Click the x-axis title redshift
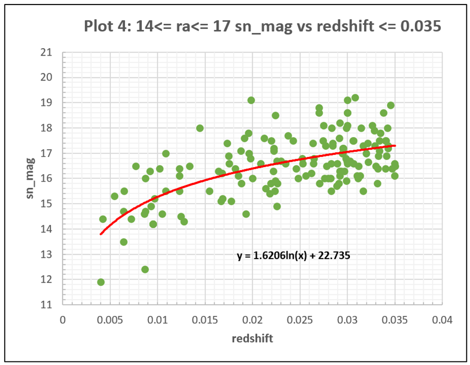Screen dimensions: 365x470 252,339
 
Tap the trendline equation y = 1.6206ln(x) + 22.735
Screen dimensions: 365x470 294,256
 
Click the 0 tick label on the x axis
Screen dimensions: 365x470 63,320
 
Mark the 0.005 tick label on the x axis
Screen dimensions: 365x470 110,320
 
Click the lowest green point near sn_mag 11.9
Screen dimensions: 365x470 101,282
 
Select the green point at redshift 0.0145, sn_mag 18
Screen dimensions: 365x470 200,128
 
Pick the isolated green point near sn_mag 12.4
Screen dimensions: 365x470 145,269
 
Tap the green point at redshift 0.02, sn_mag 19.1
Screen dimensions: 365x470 251,100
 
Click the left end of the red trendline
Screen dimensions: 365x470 101,234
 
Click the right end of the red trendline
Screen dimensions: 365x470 395,146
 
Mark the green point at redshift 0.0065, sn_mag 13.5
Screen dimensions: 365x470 124,241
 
